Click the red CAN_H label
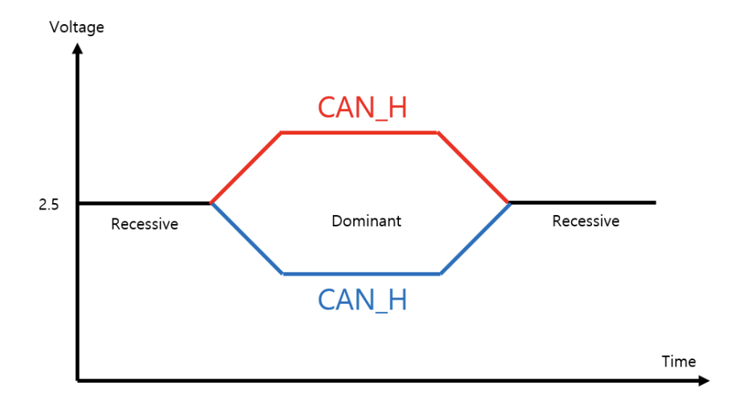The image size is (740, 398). click(362, 108)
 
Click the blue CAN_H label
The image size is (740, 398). click(362, 300)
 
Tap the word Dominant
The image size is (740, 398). click(366, 220)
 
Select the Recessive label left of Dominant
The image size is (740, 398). click(144, 224)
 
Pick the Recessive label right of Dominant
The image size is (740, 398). click(586, 221)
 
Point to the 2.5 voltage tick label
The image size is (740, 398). click(48, 205)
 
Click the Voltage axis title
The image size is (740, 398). click(76, 28)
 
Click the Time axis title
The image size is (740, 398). click(678, 362)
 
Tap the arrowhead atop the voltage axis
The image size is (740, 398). click(77, 48)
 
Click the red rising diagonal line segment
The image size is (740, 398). click(245, 167)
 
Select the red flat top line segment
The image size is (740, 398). click(359, 131)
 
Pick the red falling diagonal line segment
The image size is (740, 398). click(474, 167)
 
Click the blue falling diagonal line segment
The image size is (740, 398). click(246, 238)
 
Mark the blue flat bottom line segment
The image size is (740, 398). click(361, 274)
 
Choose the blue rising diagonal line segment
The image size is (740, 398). click(475, 238)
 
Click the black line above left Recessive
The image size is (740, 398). click(144, 203)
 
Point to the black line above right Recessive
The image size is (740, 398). click(583, 202)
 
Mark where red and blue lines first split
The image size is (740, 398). click(211, 203)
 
